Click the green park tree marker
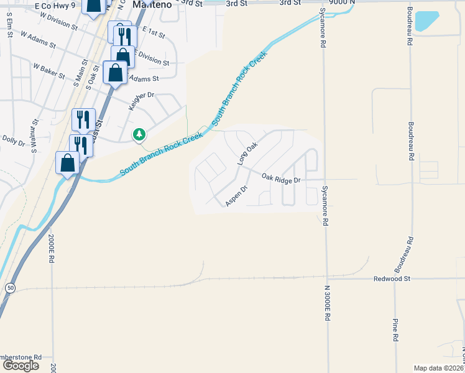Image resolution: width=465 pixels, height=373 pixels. (140, 134)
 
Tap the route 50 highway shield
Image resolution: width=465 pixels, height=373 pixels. (11, 288)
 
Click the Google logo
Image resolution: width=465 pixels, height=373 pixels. (21, 366)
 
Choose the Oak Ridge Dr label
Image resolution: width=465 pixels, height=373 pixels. (281, 178)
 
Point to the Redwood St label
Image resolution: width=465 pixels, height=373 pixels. (392, 279)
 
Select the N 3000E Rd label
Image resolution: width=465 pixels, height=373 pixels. (326, 301)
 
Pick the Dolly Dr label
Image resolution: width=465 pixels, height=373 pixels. (14, 140)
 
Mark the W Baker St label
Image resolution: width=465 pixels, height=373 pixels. (49, 70)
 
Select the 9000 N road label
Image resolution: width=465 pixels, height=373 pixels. (343, 2)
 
